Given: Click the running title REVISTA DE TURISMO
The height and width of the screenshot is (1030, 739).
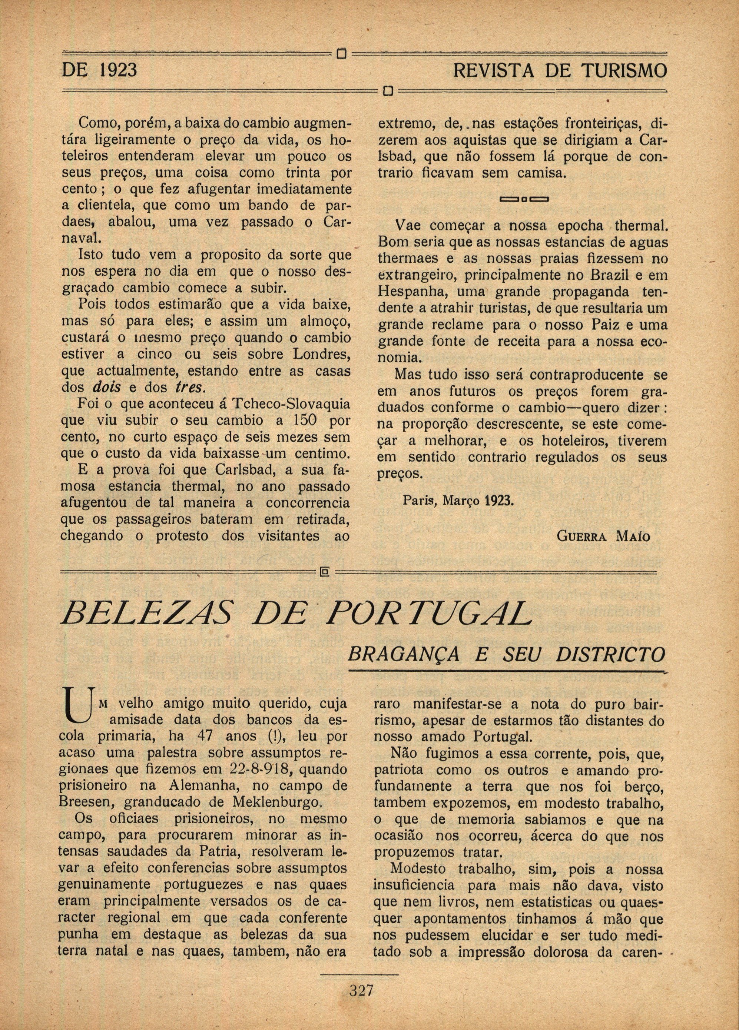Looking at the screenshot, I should tap(560, 70).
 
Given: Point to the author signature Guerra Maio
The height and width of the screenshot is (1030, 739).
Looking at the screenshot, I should tap(603, 536).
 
